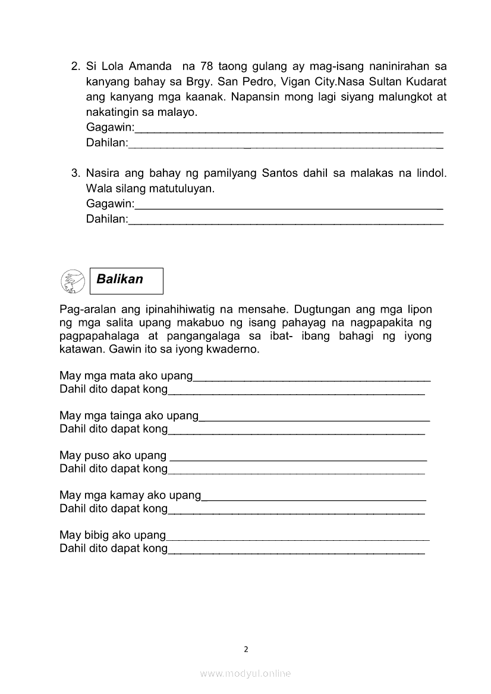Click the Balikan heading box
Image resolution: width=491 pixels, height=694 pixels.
click(x=126, y=280)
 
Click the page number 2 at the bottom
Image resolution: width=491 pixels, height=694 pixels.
click(x=245, y=649)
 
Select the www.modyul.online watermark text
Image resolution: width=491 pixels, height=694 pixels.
click(x=245, y=673)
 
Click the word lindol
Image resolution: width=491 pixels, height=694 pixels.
click(x=431, y=173)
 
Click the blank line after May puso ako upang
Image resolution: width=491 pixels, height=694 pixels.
click(x=298, y=458)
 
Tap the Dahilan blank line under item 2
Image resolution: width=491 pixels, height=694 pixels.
click(x=285, y=145)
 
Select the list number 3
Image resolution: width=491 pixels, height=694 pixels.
click(x=75, y=173)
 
